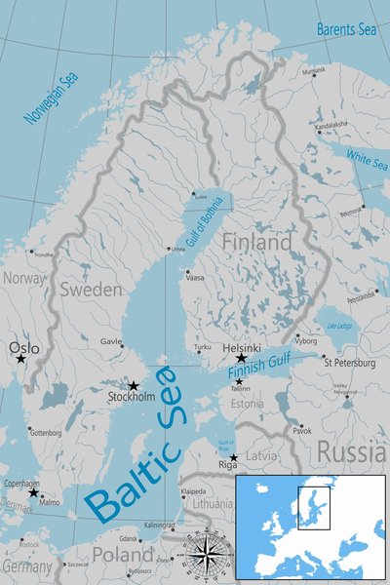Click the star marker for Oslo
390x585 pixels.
coord(20,359)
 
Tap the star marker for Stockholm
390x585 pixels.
coord(134,386)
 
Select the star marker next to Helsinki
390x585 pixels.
coord(241,359)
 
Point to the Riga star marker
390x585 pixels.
coord(233,457)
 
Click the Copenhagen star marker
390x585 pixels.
coord(33,492)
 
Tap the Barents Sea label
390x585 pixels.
coord(345,29)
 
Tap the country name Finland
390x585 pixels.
coord(256,241)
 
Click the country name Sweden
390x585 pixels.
coord(92,290)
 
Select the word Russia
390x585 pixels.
coord(350,452)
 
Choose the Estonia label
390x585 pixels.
coord(248,404)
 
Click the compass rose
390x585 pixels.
coord(204,551)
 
